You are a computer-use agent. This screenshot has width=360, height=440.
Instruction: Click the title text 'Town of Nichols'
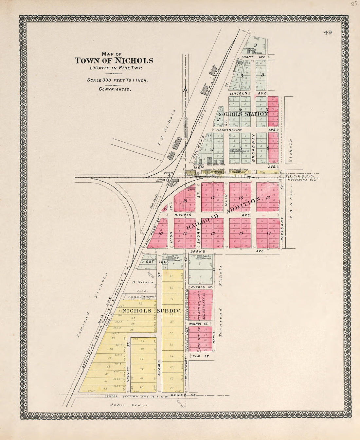[114, 61]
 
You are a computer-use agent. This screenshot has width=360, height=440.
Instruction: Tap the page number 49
[328, 32]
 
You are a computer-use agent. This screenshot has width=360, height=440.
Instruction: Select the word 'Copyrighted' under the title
[115, 89]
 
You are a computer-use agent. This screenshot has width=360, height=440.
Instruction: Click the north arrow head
[186, 88]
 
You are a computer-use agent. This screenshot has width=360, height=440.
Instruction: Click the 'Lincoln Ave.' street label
[249, 93]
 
